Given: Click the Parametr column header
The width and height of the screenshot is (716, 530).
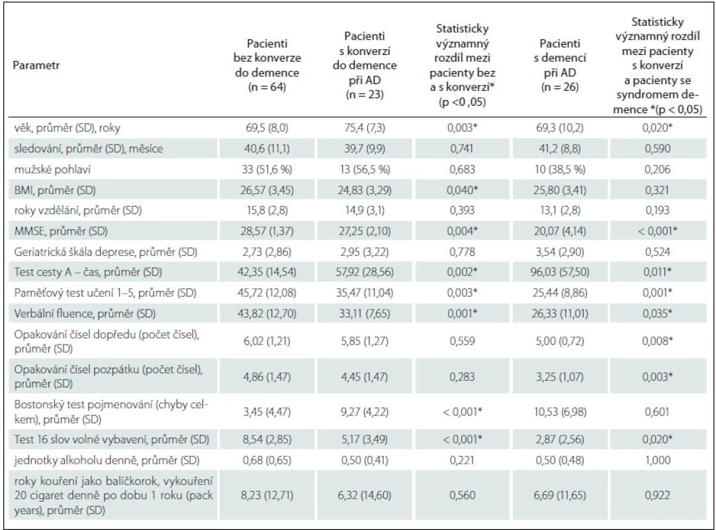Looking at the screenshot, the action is pos(36,65).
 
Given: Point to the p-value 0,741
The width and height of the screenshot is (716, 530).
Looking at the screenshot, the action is pos(462,148).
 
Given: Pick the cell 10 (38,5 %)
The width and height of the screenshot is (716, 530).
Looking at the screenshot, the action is pos(559,169).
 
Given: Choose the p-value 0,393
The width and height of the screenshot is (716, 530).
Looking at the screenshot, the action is pos(462,211).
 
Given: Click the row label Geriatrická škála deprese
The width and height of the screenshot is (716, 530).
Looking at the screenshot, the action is pos(105,252).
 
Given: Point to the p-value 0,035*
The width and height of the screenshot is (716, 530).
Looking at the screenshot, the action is pos(657,314).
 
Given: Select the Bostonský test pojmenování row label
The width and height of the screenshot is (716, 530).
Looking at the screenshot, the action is pos(111,411).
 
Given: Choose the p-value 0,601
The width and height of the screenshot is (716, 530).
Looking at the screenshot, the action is pos(657,412).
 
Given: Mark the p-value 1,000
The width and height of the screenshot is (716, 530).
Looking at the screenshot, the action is pos(658,460).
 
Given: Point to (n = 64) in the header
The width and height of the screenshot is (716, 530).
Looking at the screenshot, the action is pos(267,87).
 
